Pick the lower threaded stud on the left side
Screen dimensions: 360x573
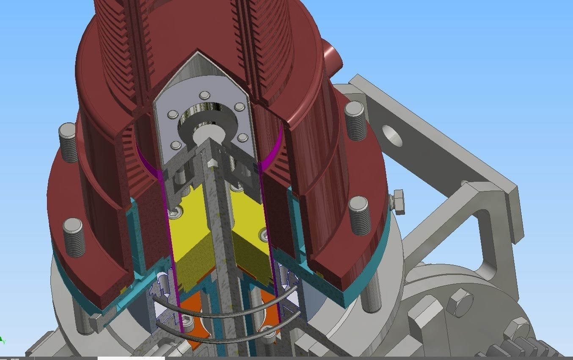click(74, 237)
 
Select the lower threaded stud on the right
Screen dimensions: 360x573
click(359, 216)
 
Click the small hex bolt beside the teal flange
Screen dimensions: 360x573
click(398, 202)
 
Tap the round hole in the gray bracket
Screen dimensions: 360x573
click(392, 136)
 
